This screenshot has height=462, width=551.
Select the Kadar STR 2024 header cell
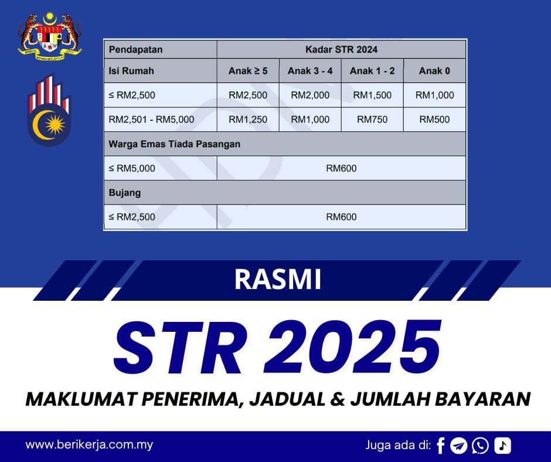(x=341, y=49)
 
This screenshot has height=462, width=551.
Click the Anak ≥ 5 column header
(x=248, y=71)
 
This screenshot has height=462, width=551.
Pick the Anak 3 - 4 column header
(x=310, y=71)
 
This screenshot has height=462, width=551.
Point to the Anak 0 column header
(x=434, y=71)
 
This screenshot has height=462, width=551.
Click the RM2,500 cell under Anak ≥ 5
(x=248, y=95)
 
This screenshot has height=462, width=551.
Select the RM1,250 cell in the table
(x=248, y=120)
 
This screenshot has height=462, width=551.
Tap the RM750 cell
(x=372, y=120)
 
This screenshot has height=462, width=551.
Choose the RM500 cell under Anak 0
(x=434, y=120)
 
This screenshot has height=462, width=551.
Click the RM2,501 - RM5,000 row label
(x=151, y=120)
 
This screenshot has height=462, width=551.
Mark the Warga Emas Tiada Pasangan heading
(x=175, y=144)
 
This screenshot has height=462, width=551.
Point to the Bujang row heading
(x=125, y=192)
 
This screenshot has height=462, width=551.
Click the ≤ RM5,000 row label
(x=132, y=168)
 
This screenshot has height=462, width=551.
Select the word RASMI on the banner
(x=278, y=280)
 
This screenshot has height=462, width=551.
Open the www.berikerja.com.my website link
(x=89, y=444)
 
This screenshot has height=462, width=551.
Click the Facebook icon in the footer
(x=441, y=446)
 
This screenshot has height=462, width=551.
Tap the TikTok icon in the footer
(x=502, y=446)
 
